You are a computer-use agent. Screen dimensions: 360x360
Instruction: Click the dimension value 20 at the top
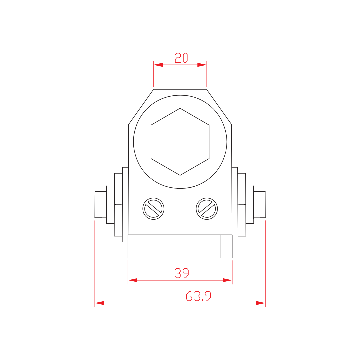pos(181,58)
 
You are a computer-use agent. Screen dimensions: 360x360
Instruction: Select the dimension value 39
pos(182,273)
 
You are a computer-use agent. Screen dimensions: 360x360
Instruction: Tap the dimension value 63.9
pos(198,296)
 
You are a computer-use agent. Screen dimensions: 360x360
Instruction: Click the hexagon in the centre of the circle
pos(180,142)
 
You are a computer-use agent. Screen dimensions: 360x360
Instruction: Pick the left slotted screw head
pos(153,209)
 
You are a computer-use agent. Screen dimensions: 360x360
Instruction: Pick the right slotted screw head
pos(207,209)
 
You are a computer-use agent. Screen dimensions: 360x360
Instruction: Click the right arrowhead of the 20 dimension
pos(202,65)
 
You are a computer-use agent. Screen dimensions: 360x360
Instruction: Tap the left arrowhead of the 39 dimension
pos(133,280)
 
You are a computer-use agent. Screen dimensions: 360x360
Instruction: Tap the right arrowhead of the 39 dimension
pos(227,280)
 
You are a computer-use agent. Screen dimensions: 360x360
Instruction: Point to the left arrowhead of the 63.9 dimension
pos(100,303)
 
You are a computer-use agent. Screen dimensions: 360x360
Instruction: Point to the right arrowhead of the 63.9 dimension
pos(260,303)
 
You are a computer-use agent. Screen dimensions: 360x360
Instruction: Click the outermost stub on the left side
pos(101,204)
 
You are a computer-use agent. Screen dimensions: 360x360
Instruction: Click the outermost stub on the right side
pos(259,204)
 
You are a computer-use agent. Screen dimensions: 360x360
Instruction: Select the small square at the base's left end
pos(134,246)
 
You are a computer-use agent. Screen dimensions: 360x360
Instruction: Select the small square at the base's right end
pos(226,246)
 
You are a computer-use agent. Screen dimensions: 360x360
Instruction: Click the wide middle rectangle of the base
pos(180,246)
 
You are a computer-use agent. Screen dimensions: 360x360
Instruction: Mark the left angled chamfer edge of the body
pos(141,107)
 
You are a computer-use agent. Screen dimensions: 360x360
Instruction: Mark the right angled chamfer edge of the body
pos(219,107)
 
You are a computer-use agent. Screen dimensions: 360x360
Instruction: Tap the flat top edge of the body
pos(180,90)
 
